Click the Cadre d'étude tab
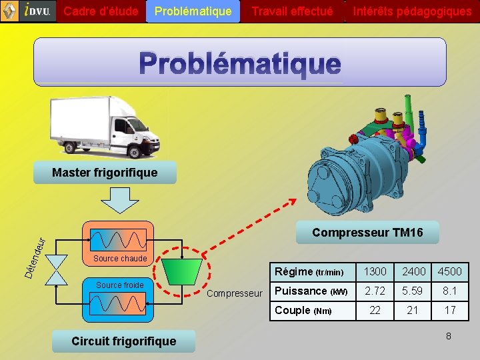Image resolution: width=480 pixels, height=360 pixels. pyautogui.click(x=101, y=11)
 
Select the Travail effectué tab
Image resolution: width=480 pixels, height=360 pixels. pyautogui.click(x=292, y=11)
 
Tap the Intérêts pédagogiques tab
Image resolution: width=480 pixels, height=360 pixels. pyautogui.click(x=412, y=11)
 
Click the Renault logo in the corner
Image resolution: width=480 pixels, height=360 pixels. pyautogui.click(x=9, y=11)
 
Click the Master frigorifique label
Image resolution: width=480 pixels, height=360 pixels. pyautogui.click(x=105, y=173)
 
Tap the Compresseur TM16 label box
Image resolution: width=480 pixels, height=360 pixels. pyautogui.click(x=367, y=232)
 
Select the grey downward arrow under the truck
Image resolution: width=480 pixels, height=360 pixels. pyautogui.click(x=114, y=199)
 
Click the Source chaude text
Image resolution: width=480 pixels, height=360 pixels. pyautogui.click(x=120, y=258)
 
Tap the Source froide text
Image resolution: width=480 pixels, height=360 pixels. pyautogui.click(x=119, y=285)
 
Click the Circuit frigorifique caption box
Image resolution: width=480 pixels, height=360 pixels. pyautogui.click(x=124, y=341)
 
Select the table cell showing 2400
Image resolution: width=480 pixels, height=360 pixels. pyautogui.click(x=413, y=271)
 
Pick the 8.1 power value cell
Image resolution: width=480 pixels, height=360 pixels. pyautogui.click(x=449, y=291)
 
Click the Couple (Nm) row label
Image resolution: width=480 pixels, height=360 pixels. pyautogui.click(x=303, y=310)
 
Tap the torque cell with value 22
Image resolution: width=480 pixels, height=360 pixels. pyautogui.click(x=375, y=310)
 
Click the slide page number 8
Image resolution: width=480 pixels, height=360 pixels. pyautogui.click(x=448, y=336)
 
